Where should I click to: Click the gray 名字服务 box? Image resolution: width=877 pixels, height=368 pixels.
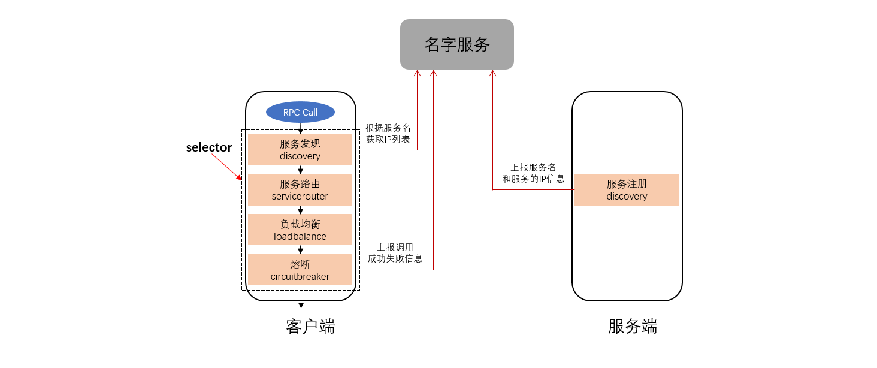(456, 44)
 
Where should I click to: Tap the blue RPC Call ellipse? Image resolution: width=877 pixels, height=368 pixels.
(300, 112)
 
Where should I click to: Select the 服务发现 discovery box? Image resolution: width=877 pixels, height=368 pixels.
(300, 150)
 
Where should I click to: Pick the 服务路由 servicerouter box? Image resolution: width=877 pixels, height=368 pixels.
(300, 190)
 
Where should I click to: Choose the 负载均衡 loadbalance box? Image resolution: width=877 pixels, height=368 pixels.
(300, 230)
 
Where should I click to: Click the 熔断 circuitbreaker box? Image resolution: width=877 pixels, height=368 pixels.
(300, 270)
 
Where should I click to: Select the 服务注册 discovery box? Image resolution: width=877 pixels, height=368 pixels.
(627, 190)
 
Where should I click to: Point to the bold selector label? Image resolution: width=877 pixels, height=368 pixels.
(209, 147)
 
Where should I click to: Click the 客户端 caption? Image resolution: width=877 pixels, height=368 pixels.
(310, 327)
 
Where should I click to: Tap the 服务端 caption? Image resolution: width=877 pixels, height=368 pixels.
(633, 327)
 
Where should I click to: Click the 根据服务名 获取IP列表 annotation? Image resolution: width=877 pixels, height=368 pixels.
(388, 134)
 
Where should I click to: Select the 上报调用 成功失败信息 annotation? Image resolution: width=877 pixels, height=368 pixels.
(395, 253)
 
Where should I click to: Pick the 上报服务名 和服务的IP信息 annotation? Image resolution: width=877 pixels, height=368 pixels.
(533, 173)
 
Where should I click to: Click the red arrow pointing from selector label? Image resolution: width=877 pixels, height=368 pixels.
(227, 166)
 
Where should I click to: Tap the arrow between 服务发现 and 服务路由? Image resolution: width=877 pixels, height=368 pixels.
(301, 170)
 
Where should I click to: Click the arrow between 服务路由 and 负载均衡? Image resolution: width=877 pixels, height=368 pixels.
(301, 210)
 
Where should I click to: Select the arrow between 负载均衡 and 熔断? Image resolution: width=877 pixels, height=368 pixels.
(301, 250)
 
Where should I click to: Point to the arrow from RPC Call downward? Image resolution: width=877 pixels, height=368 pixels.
(301, 128)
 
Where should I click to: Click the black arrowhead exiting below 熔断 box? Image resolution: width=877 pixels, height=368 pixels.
(301, 305)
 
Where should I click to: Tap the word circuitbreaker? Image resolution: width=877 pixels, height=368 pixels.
(300, 277)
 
